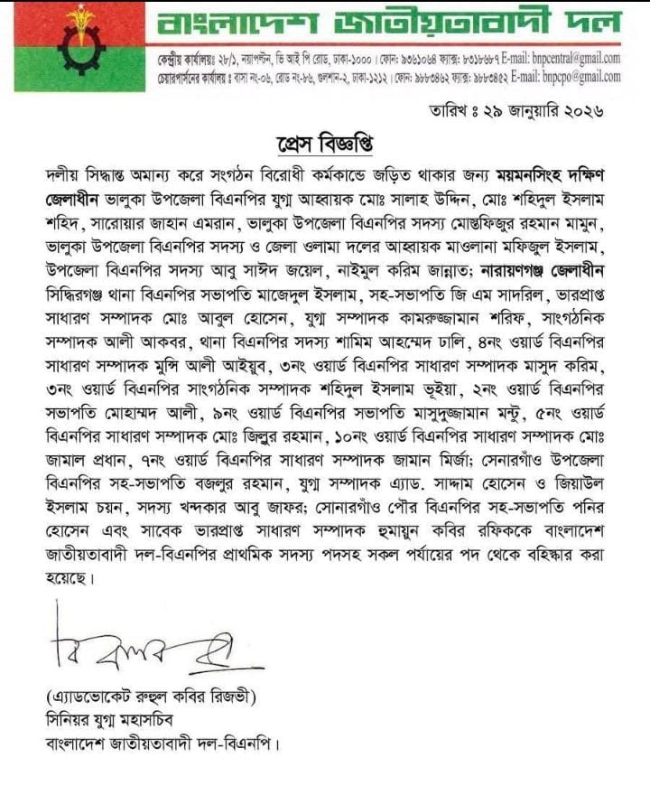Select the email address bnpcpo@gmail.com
(572, 77)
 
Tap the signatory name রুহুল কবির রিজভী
(171, 697)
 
